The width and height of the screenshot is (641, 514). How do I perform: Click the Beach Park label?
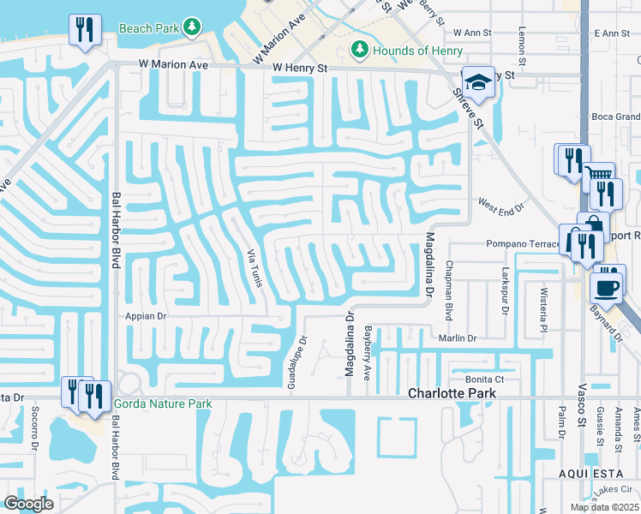click(x=149, y=27)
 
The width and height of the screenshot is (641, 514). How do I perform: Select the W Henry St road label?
click(x=301, y=68)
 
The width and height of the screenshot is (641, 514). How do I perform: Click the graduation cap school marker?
click(x=478, y=82)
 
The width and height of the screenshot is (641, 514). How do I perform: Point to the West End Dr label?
click(x=500, y=206)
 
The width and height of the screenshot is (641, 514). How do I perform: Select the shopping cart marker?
click(x=600, y=177)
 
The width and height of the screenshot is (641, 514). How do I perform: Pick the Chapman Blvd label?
click(x=447, y=291)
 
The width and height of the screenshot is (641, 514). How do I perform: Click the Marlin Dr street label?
click(x=457, y=338)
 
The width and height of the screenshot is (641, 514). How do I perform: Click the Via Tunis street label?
click(x=254, y=267)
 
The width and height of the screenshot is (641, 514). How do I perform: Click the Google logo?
click(x=28, y=504)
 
